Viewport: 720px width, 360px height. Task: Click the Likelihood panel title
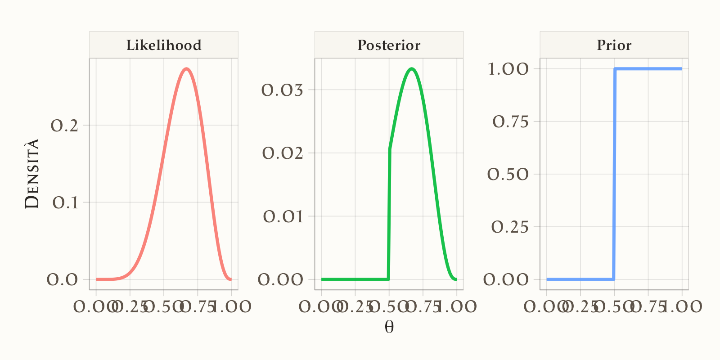[164, 45]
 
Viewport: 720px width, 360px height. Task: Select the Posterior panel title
[389, 45]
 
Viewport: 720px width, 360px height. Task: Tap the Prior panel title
[614, 45]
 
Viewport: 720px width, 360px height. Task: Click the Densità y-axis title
[32, 174]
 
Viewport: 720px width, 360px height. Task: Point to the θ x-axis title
[389, 327]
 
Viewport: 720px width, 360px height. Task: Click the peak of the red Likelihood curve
[187, 69]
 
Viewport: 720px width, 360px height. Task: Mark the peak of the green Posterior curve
[412, 69]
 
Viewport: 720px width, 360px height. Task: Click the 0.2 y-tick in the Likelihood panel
[64, 126]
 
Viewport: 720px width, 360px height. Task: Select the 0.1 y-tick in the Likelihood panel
[65, 202]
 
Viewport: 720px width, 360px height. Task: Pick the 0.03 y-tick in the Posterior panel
[283, 90]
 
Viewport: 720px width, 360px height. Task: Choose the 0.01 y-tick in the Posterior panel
[283, 216]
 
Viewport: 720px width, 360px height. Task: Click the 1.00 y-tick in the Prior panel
[508, 69]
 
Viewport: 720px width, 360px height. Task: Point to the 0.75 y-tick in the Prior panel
[511, 121]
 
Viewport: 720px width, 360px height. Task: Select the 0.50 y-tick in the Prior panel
[508, 174]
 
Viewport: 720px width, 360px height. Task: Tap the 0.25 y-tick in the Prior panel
[510, 227]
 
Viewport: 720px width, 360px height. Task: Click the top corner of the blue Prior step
[615, 69]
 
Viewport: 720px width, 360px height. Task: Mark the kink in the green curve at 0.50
[390, 149]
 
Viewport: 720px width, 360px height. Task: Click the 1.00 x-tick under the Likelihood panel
[232, 307]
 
